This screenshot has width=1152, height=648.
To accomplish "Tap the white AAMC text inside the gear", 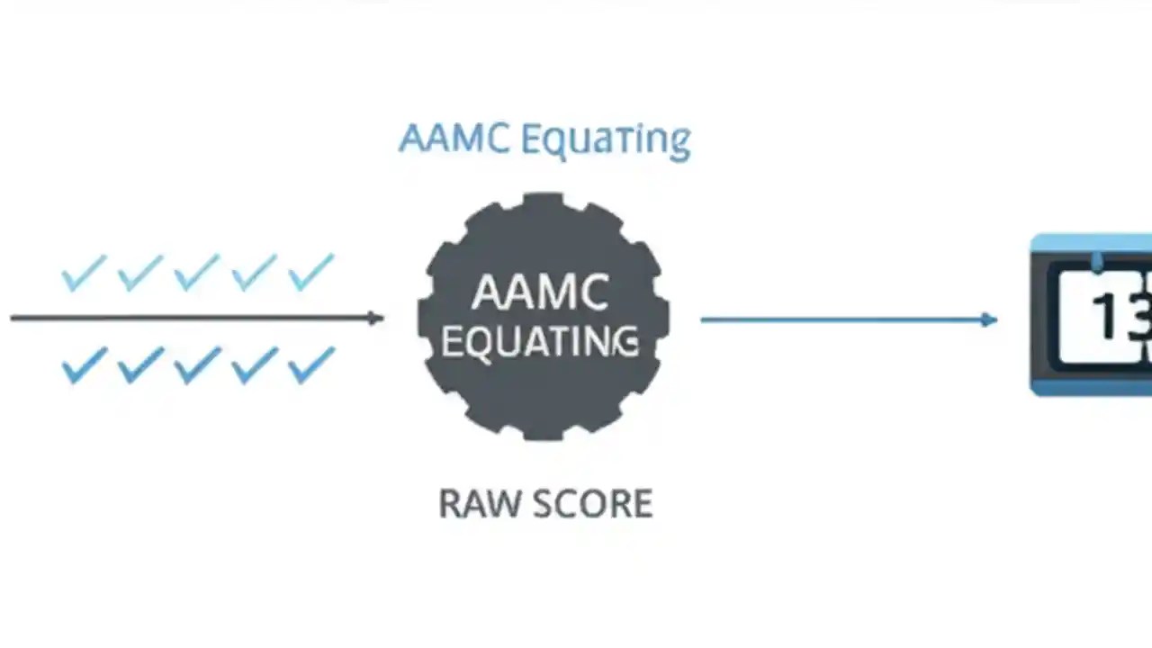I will [x=541, y=292].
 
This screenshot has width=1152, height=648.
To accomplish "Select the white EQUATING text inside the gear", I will [x=541, y=342].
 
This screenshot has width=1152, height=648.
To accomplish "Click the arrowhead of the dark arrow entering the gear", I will [x=377, y=318].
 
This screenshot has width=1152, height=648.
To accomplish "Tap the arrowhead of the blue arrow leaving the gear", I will [x=989, y=319].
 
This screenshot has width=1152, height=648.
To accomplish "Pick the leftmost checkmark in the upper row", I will [x=84, y=273].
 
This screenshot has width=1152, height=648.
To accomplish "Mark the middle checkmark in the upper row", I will [x=197, y=273].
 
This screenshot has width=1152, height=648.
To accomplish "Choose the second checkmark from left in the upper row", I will [x=140, y=273].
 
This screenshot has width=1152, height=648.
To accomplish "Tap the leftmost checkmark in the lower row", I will [x=84, y=366].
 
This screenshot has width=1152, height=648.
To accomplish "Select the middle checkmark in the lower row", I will [x=197, y=366].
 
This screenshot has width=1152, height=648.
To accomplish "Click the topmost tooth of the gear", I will [x=543, y=202].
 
